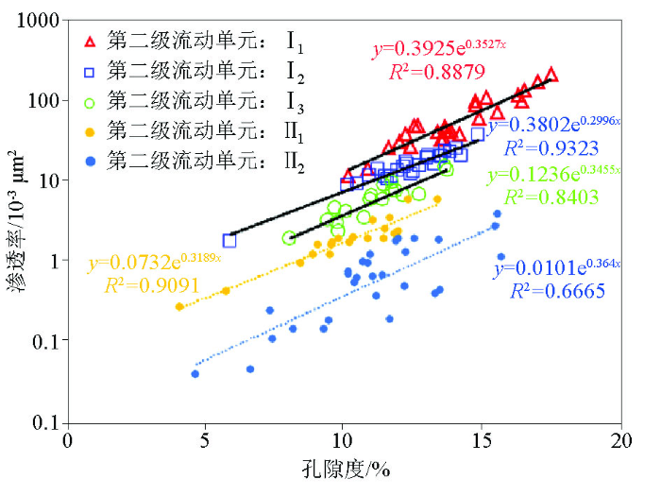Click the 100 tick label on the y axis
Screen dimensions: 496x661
point(46,100)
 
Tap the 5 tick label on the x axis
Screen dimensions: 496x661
point(205,441)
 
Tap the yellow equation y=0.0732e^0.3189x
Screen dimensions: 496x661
point(155,260)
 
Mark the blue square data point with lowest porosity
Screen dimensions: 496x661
point(229,240)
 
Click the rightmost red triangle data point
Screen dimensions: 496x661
point(551,74)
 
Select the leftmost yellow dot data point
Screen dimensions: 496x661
point(179,306)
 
